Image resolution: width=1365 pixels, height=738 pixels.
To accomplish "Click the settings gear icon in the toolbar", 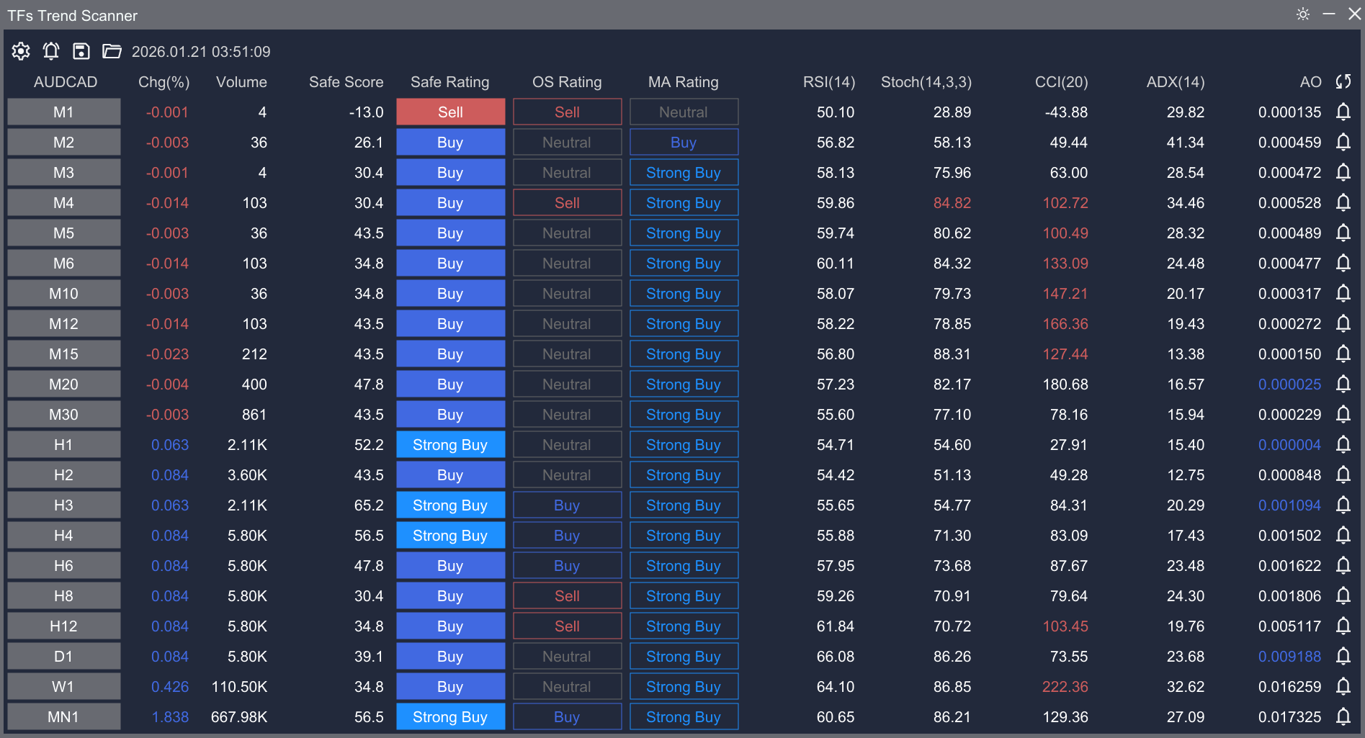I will pos(21,51).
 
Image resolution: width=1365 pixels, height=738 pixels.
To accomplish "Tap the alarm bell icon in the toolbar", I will pos(51,51).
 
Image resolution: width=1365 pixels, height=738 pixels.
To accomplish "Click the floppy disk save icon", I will pos(81,51).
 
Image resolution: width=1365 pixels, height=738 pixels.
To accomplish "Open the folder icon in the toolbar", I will pos(112,51).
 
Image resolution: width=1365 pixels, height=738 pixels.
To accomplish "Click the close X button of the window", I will pos(1354,14).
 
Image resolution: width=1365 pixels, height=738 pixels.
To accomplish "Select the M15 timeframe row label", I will pos(63,354).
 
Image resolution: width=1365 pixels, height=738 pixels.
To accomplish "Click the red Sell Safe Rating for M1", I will pos(450,112).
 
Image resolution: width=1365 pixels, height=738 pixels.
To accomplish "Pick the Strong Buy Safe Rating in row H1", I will pos(450,445).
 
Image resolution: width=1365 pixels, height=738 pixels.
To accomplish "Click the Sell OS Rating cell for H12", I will pos(567,626).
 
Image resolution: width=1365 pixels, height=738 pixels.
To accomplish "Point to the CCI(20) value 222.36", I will pos(1065,687).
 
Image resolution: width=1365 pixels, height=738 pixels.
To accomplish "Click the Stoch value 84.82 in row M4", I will pos(952,203).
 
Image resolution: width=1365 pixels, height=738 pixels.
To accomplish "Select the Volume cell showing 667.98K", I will pos(239,717).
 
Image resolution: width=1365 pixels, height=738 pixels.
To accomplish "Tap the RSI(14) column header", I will pos(828,82).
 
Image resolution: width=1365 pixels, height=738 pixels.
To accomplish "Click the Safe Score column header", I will pos(346,82).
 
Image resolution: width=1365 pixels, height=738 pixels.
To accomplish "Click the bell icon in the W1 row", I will pos(1343,687).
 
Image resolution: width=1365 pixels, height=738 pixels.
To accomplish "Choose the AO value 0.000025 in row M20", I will pos(1289,384).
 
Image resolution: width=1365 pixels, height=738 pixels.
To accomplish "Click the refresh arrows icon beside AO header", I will pos(1343,82).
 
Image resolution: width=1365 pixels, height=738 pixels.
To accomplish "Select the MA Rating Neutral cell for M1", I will pos(684,112).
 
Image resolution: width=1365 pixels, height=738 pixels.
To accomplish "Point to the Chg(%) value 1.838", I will pos(170,717).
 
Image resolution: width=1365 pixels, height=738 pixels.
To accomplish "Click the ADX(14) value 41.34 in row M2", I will pos(1185,143).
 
